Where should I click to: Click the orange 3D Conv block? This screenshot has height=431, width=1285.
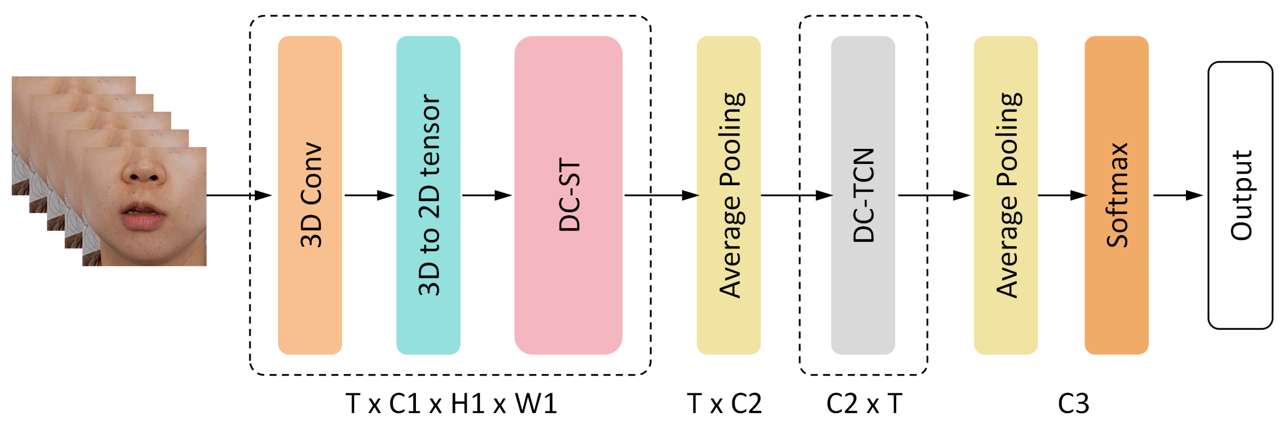click(x=310, y=195)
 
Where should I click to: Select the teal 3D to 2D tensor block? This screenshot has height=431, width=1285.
click(x=428, y=195)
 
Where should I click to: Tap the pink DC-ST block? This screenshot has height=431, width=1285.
click(x=568, y=195)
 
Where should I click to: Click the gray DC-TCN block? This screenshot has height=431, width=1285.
click(x=862, y=195)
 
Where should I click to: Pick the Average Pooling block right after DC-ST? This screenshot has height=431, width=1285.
click(x=728, y=195)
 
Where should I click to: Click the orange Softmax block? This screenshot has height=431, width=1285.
click(x=1116, y=195)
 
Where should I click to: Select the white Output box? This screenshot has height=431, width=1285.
click(x=1240, y=195)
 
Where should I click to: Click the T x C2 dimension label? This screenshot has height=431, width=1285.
click(x=724, y=404)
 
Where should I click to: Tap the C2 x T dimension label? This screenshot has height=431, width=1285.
click(x=864, y=404)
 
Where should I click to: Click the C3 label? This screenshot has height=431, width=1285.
click(x=1074, y=404)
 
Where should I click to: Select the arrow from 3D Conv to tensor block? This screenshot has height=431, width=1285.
click(x=369, y=195)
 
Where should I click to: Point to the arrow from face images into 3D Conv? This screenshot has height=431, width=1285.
click(x=239, y=195)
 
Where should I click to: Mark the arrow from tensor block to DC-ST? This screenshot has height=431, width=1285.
click(x=487, y=195)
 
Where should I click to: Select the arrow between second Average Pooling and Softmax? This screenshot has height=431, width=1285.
click(x=1061, y=195)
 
